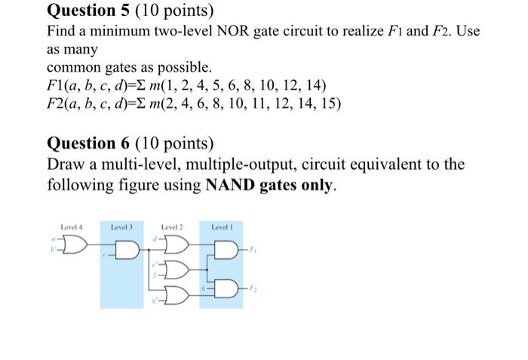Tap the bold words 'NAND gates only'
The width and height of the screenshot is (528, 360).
pos(269,185)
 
